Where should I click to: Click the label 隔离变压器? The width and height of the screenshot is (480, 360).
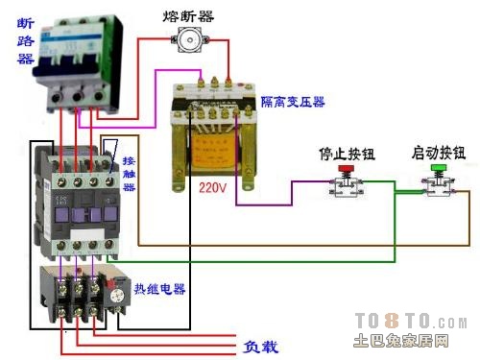coord(293,101)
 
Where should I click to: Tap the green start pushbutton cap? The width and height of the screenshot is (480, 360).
coord(439,171)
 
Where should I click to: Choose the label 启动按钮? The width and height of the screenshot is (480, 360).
coord(438,153)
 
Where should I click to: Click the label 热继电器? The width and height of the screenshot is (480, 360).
coord(159,289)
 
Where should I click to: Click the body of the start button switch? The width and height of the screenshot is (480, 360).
coord(439,188)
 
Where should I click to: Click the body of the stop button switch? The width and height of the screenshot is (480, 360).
coord(344,189)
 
